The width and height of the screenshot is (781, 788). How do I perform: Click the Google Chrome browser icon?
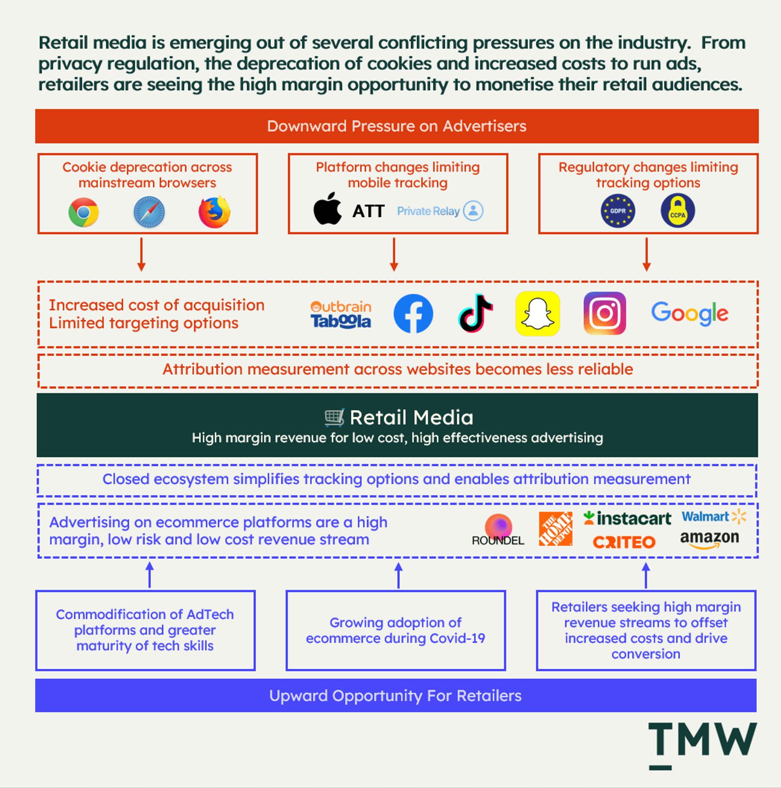[x=84, y=212]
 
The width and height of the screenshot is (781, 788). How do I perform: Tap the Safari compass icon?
[x=149, y=212]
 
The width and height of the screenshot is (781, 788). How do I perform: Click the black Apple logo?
[x=327, y=209]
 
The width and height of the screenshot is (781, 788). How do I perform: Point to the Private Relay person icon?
[x=473, y=211]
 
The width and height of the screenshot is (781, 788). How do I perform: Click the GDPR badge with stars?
[x=617, y=211]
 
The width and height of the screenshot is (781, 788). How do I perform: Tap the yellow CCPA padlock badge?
[x=678, y=211]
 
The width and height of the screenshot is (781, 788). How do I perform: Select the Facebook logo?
[x=413, y=313]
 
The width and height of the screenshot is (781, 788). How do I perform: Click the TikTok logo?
[x=475, y=313]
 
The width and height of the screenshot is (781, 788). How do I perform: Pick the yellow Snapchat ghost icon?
[x=538, y=313]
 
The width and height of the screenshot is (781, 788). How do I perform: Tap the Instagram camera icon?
[x=604, y=313]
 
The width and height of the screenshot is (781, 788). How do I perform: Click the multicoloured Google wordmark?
[x=689, y=313]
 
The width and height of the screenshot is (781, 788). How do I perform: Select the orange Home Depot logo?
[x=555, y=529]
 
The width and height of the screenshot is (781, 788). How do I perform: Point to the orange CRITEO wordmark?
[x=624, y=542]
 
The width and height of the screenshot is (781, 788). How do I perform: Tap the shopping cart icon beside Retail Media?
[x=334, y=417]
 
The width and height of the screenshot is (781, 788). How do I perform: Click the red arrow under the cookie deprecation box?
[x=141, y=254]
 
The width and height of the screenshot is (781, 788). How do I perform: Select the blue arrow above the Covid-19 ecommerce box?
[x=398, y=575]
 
